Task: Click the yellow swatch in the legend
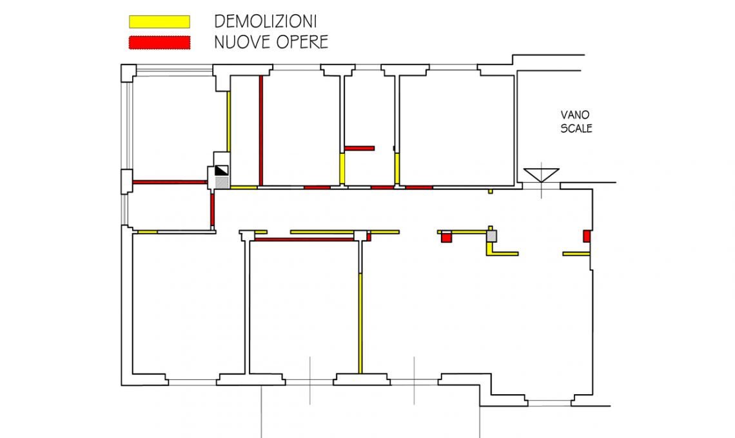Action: pos(159,22)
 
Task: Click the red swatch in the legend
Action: pos(159,43)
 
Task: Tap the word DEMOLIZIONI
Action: pos(265,21)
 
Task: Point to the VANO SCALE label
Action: pos(576,121)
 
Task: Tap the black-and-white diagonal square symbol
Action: pos(221,171)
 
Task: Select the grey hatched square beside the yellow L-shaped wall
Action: pos(491,237)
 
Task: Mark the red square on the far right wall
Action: pos(587,236)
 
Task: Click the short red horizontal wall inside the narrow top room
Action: pos(359,148)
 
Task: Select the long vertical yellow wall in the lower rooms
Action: pos(360,323)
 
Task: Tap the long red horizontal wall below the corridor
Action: pos(304,240)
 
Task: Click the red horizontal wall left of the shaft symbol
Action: pos(169,182)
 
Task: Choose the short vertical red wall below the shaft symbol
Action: pos(212,210)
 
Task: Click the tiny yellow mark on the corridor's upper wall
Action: pos(491,191)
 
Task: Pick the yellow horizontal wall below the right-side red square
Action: pos(576,254)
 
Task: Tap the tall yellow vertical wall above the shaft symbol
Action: pos(228,120)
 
